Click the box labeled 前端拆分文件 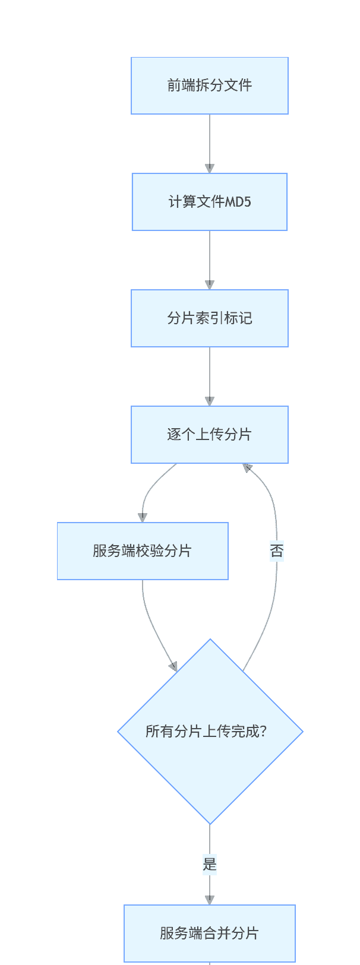[209, 86]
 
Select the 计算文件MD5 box [209, 202]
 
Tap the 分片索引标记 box [209, 318]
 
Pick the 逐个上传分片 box [209, 435]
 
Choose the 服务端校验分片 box [143, 551]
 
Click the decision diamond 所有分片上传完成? [210, 732]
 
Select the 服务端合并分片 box [209, 934]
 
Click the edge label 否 [277, 551]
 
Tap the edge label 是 [210, 865]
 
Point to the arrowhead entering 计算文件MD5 [210, 168]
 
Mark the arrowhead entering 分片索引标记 [210, 284]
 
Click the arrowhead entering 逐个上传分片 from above [210, 401]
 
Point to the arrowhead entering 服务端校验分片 [143, 517]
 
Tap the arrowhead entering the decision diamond [173, 666]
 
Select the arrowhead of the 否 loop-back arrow [247, 469]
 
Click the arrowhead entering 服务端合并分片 [210, 900]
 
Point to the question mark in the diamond [263, 732]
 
